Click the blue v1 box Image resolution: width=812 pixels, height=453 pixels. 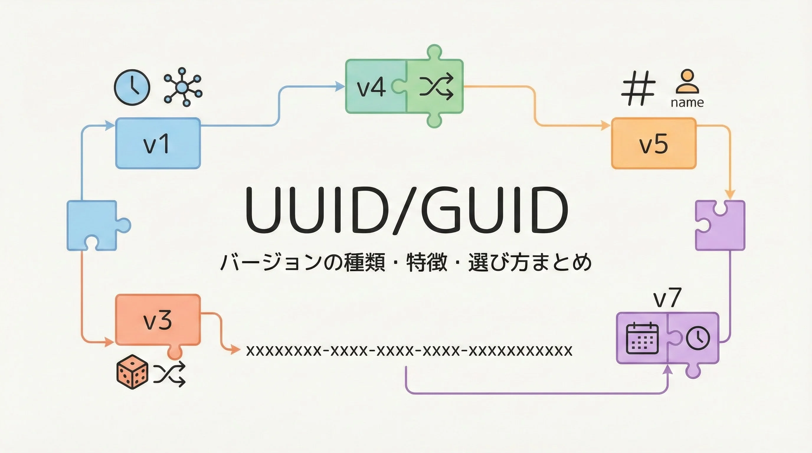point(158,143)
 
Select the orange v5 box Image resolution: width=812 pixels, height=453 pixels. point(654,143)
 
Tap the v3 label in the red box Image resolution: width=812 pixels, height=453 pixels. point(158,320)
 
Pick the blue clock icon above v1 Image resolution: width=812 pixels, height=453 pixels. point(132,87)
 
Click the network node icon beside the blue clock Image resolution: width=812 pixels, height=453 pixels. point(183,87)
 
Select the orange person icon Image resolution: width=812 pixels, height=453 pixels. point(687,82)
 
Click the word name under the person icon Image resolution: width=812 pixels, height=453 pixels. point(687,103)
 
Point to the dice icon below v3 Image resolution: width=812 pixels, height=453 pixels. point(132,372)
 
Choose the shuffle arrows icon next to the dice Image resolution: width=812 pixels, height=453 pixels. point(170,374)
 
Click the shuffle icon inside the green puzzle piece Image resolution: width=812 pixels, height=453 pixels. point(436,87)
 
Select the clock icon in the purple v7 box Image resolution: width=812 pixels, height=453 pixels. point(698,338)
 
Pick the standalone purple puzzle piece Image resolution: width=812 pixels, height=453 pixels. point(720,225)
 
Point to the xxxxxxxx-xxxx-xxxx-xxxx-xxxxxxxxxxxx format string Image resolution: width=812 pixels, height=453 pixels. point(409,351)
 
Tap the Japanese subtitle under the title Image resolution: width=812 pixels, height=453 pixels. point(406,262)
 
